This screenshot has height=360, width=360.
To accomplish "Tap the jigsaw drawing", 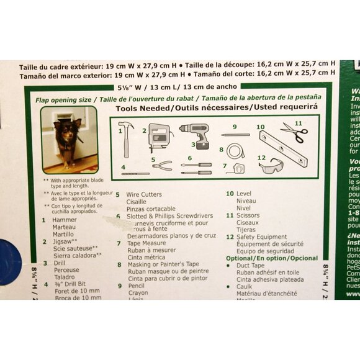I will pyautogui.click(x=159, y=137).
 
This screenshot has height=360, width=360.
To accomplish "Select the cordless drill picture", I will pyautogui.click(x=195, y=135).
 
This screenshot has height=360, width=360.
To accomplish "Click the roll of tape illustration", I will pyautogui.click(x=235, y=151).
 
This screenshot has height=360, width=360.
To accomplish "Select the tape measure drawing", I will pyautogui.click(x=235, y=168).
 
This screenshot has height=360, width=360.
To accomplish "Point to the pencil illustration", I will pyautogui.click(x=235, y=135).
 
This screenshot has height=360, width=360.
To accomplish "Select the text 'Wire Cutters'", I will pyautogui.click(x=144, y=194).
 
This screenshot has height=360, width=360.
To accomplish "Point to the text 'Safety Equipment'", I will pyautogui.click(x=261, y=237).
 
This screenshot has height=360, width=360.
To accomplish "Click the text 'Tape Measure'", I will pyautogui.click(x=146, y=243).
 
